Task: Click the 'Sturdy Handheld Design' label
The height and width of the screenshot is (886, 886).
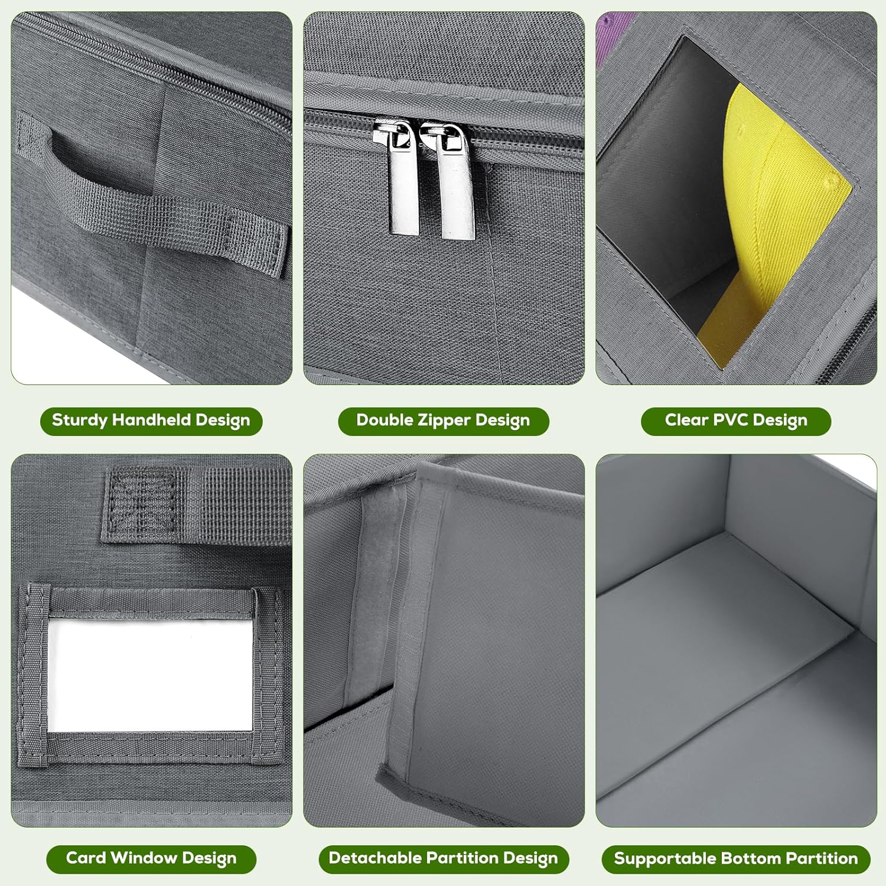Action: (x=151, y=421)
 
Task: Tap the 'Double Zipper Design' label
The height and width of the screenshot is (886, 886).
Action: (x=443, y=421)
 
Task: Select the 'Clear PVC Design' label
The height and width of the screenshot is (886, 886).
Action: (x=736, y=421)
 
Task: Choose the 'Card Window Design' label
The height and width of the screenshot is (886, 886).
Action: (x=151, y=859)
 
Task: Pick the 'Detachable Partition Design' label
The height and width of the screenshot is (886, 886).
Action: (x=444, y=859)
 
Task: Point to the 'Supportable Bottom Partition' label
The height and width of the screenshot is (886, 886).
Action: (x=736, y=859)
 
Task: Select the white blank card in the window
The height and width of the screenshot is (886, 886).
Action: (x=150, y=675)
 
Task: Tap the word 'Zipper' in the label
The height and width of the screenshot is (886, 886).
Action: (x=444, y=421)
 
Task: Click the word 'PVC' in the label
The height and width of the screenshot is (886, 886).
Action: (x=731, y=420)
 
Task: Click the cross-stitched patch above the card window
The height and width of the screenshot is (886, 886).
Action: (x=145, y=502)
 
